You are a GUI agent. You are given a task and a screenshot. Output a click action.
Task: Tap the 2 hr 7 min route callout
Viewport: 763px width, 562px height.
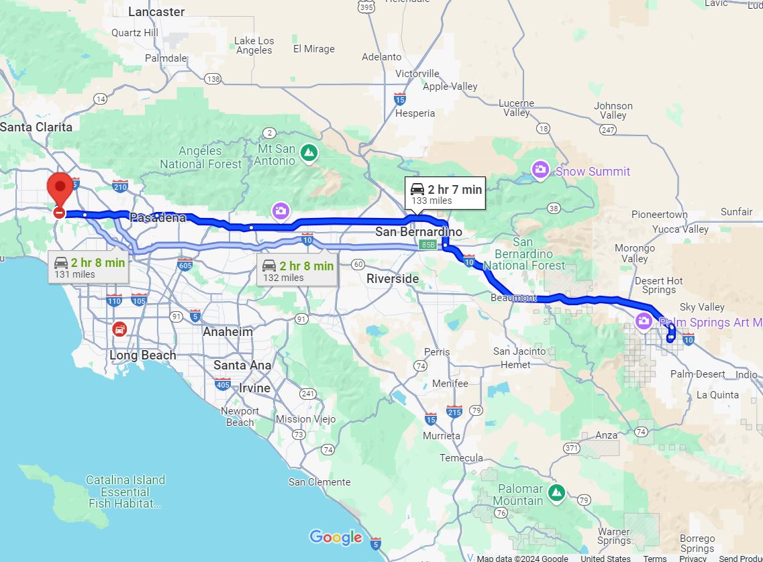pos(446,194)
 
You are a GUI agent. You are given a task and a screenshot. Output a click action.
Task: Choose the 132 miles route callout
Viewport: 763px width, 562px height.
pos(297,270)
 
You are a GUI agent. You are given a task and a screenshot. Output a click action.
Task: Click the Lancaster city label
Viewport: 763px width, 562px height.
pos(156,11)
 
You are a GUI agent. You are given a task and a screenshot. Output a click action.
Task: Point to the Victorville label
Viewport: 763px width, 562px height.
pos(417,73)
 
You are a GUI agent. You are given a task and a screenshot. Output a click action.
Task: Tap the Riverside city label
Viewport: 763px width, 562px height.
pos(393,278)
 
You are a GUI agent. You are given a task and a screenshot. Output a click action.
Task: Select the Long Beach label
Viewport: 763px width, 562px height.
pos(143,355)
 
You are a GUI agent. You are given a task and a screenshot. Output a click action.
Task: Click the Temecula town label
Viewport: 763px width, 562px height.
pos(461,457)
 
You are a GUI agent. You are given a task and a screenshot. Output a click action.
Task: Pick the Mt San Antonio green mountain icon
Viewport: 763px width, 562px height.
pos(309,154)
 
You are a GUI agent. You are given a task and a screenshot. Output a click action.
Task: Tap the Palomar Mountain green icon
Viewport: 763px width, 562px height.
pos(556,492)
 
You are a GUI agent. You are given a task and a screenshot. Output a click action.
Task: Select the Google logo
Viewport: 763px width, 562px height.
pos(336,537)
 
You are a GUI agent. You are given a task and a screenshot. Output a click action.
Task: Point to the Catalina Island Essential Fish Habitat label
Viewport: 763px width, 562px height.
pos(125,492)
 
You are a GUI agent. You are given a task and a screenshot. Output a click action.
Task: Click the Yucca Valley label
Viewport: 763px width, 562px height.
pos(680,229)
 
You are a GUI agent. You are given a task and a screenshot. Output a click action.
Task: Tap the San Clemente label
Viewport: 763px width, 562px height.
pos(319,482)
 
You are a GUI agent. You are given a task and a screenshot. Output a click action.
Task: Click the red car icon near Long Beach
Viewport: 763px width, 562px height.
pos(119,329)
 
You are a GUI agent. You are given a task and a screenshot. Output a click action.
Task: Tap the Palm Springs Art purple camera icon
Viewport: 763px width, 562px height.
pos(644,321)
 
